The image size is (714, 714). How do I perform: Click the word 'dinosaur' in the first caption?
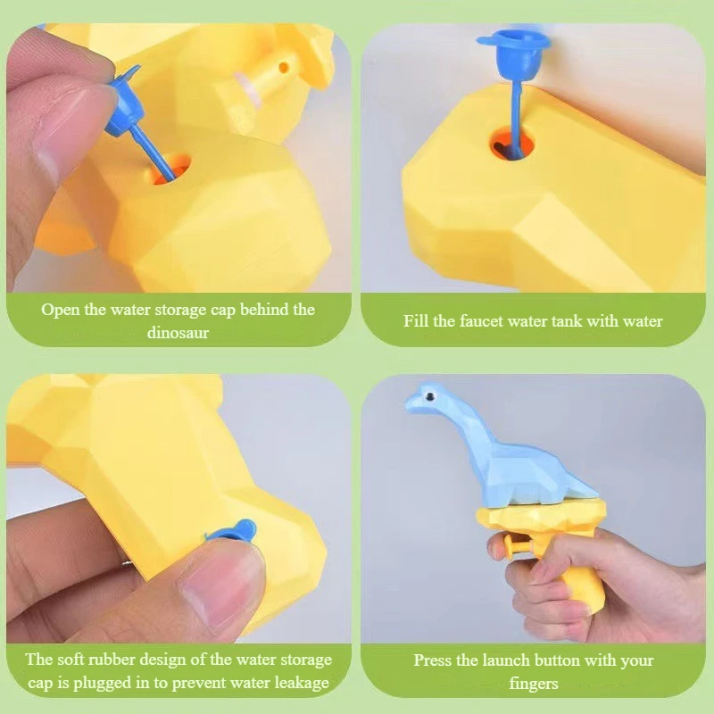(178, 333)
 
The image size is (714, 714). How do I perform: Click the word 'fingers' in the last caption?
(534, 684)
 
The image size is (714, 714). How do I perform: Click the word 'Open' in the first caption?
(61, 310)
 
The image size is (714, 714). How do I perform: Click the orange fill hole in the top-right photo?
(511, 145)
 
